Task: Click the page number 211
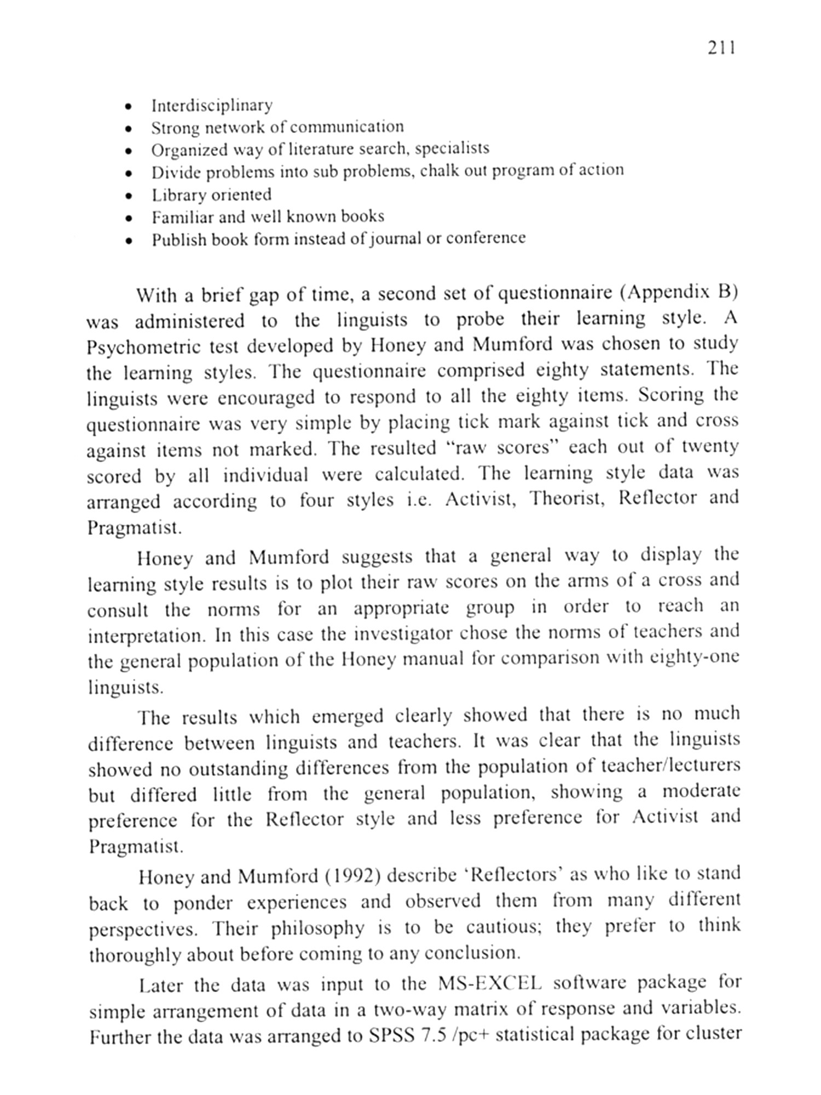click(721, 48)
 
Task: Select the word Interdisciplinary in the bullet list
click(212, 105)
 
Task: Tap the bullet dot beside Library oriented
click(128, 195)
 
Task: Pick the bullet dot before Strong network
click(128, 129)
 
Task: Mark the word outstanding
click(238, 769)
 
